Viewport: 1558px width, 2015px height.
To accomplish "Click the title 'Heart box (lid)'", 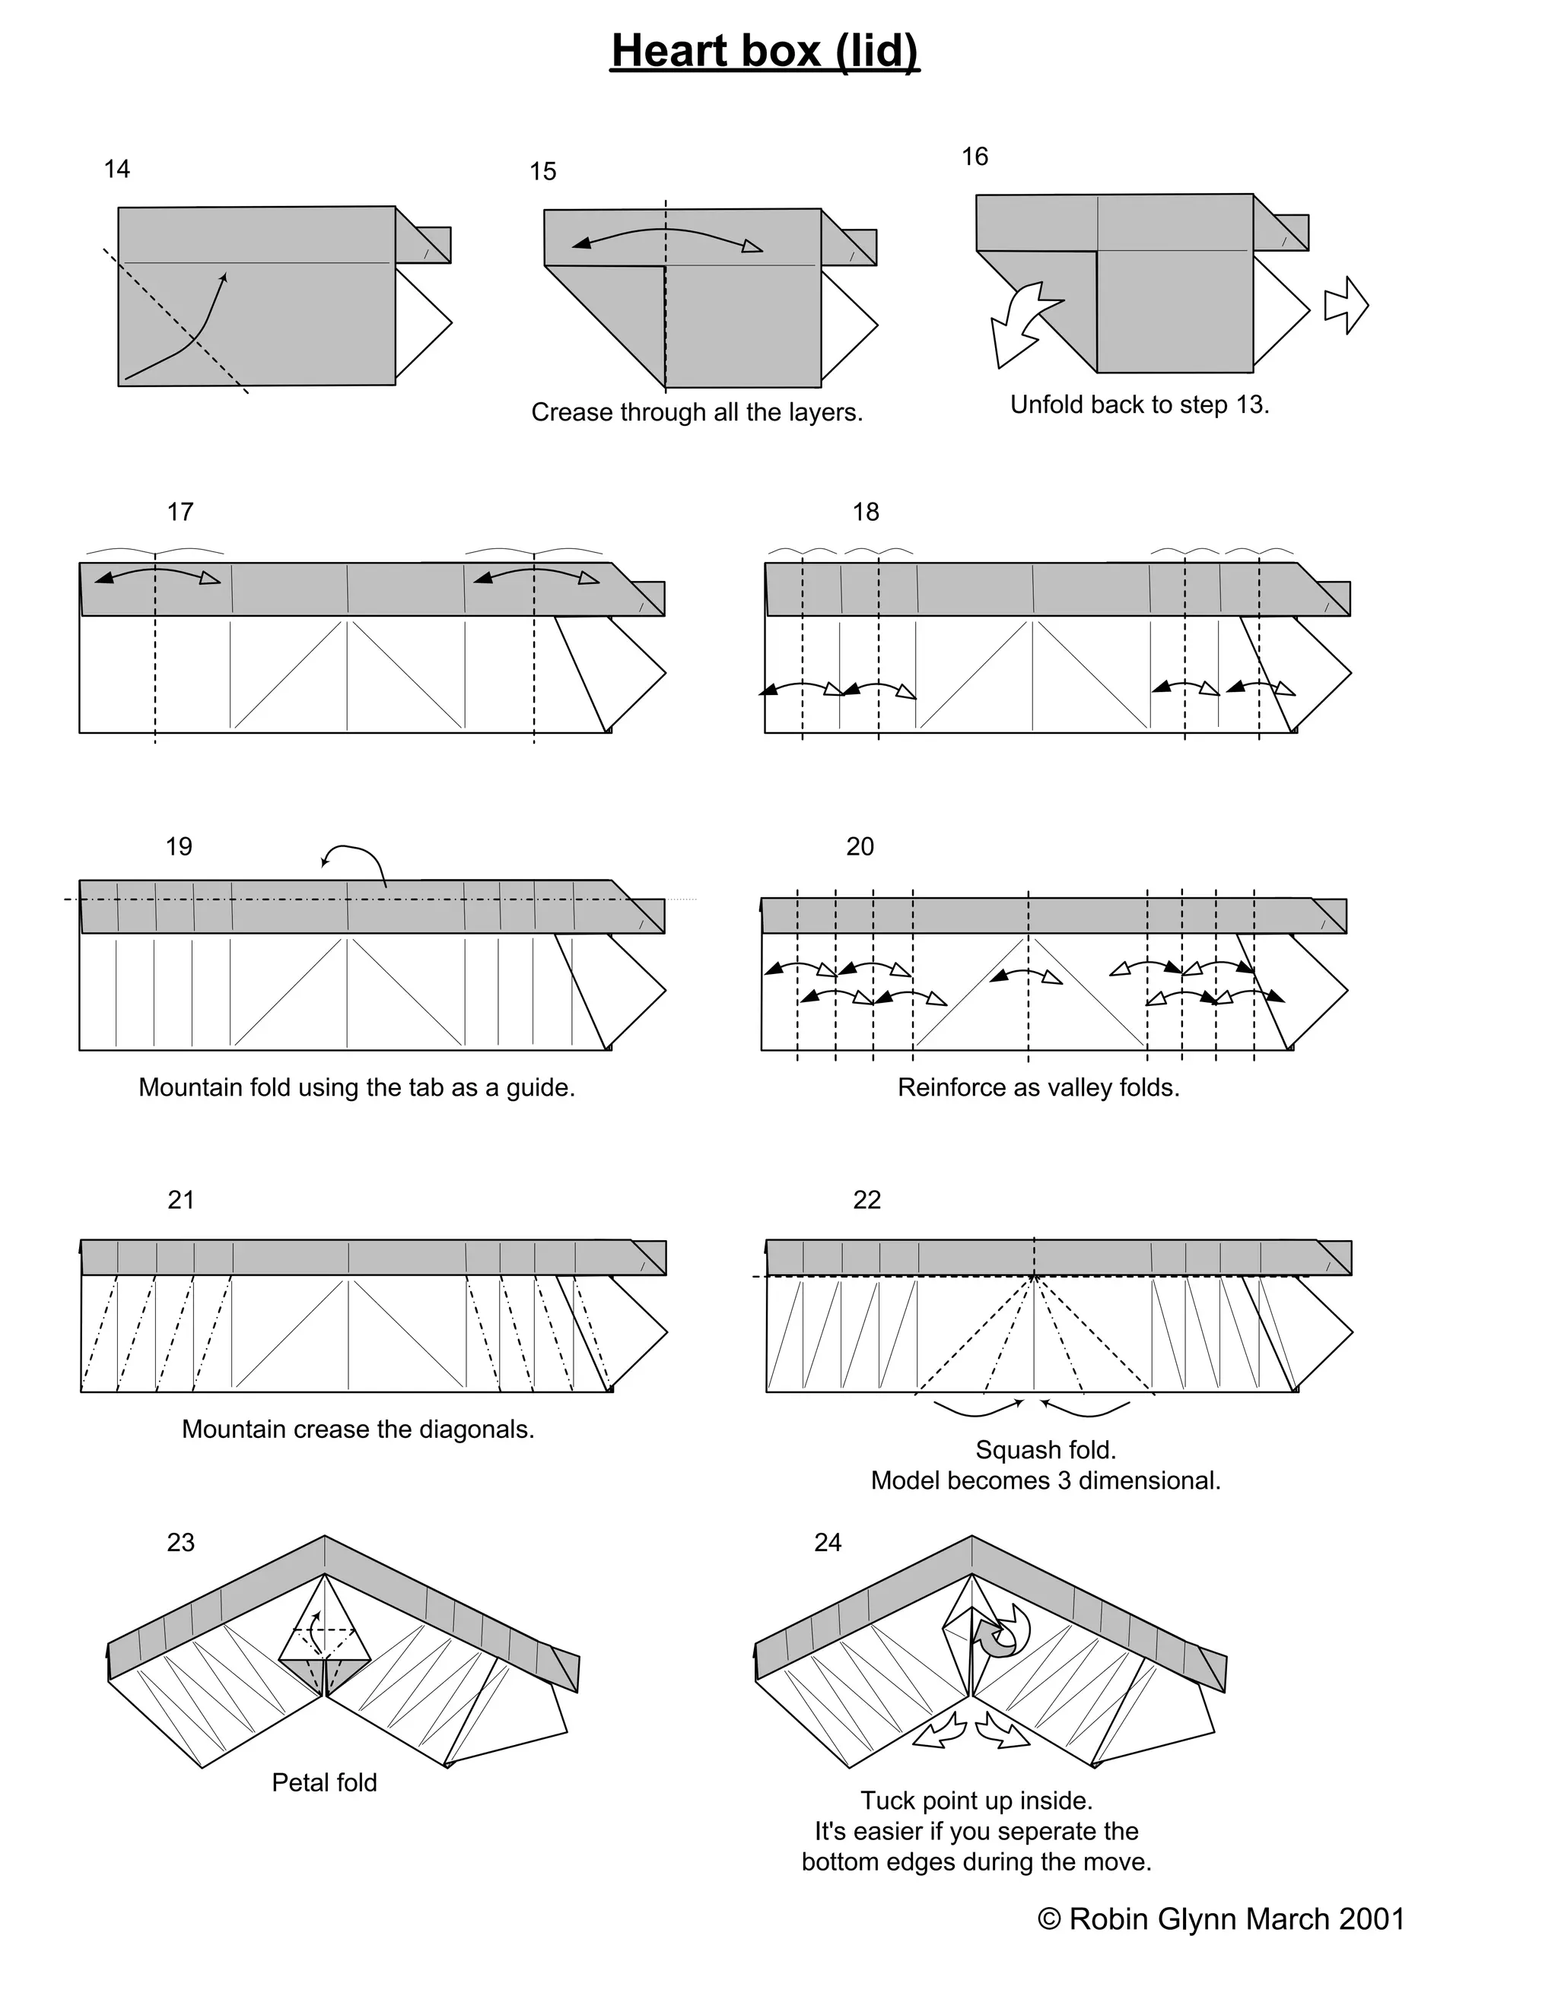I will click(x=765, y=52).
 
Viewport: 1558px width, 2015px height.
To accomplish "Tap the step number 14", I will click(x=117, y=170).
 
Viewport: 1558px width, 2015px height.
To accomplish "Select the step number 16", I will click(x=975, y=157).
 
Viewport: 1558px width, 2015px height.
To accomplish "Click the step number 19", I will click(x=179, y=847).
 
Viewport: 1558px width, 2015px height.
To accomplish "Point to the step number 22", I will click(x=866, y=1201).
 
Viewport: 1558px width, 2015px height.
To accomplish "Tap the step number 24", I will click(x=828, y=1543).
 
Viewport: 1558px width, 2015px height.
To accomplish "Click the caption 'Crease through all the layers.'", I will click(x=697, y=412).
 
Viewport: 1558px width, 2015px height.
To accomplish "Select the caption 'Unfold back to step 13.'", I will click(x=1140, y=405).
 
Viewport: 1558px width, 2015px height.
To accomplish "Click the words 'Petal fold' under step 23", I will click(x=324, y=1782).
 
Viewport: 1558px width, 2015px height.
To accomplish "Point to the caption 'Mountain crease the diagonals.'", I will click(x=358, y=1430).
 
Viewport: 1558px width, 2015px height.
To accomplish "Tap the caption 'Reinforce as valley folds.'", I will click(x=1038, y=1088).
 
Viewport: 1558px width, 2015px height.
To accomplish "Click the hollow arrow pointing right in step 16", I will click(x=1347, y=306).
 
